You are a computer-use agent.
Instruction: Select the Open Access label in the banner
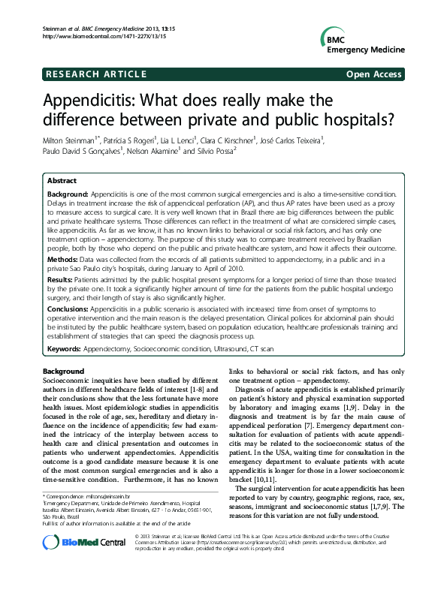pos(374,75)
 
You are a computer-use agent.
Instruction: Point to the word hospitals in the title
pos(359,119)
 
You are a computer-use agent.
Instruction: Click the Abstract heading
pos(62,181)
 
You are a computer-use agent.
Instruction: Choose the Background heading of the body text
pos(64,372)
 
